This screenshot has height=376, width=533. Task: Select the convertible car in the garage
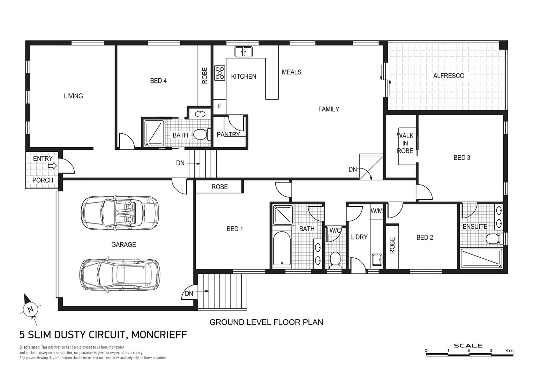click(x=120, y=213)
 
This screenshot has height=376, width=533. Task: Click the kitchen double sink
click(x=243, y=52)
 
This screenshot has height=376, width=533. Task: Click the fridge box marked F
click(x=220, y=106)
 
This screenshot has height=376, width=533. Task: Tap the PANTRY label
click(x=228, y=134)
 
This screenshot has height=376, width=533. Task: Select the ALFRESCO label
click(x=449, y=76)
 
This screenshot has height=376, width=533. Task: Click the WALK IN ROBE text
click(x=405, y=143)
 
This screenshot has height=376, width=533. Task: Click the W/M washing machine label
click(x=376, y=211)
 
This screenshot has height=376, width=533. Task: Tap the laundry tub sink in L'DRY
click(x=377, y=260)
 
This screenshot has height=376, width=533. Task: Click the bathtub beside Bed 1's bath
click(x=281, y=249)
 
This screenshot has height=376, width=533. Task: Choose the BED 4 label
click(x=158, y=81)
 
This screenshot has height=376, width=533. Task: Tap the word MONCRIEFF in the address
click(x=159, y=335)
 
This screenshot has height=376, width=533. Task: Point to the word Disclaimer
click(x=30, y=347)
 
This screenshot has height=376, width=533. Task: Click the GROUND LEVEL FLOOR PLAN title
click(x=266, y=322)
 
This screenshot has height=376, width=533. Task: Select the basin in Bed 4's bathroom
click(x=200, y=114)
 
